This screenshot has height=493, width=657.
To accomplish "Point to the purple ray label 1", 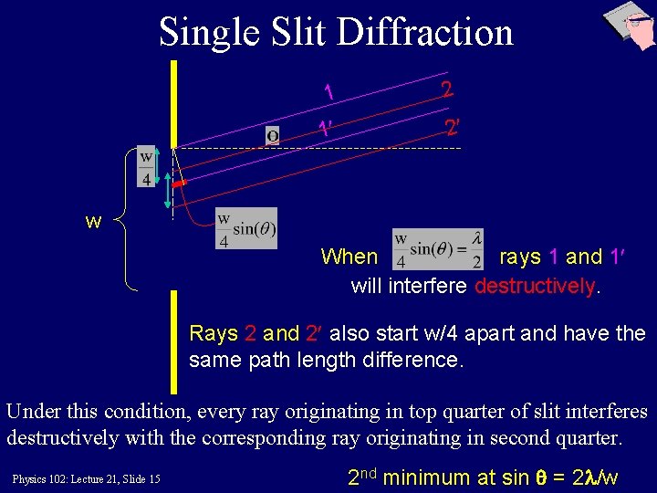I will coord(328,93).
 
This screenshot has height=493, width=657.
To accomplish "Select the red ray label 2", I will coord(446,89).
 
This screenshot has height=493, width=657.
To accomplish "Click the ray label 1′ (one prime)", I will coord(325,130).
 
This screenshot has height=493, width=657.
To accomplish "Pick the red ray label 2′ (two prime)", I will coord(452,127).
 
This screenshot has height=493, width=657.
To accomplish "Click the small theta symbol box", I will coord(272,136).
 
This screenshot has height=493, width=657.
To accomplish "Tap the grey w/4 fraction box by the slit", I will coord(146,166).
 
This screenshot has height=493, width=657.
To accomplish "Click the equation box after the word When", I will coord(437,249).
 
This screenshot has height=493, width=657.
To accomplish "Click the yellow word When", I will coord(349,257).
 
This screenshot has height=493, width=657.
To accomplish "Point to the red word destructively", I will coord(535,287).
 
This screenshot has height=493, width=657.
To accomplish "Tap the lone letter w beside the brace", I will coord(93,222).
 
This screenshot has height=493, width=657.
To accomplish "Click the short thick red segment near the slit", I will coord(180,185).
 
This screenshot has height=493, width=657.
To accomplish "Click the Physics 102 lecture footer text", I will coord(87,478).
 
